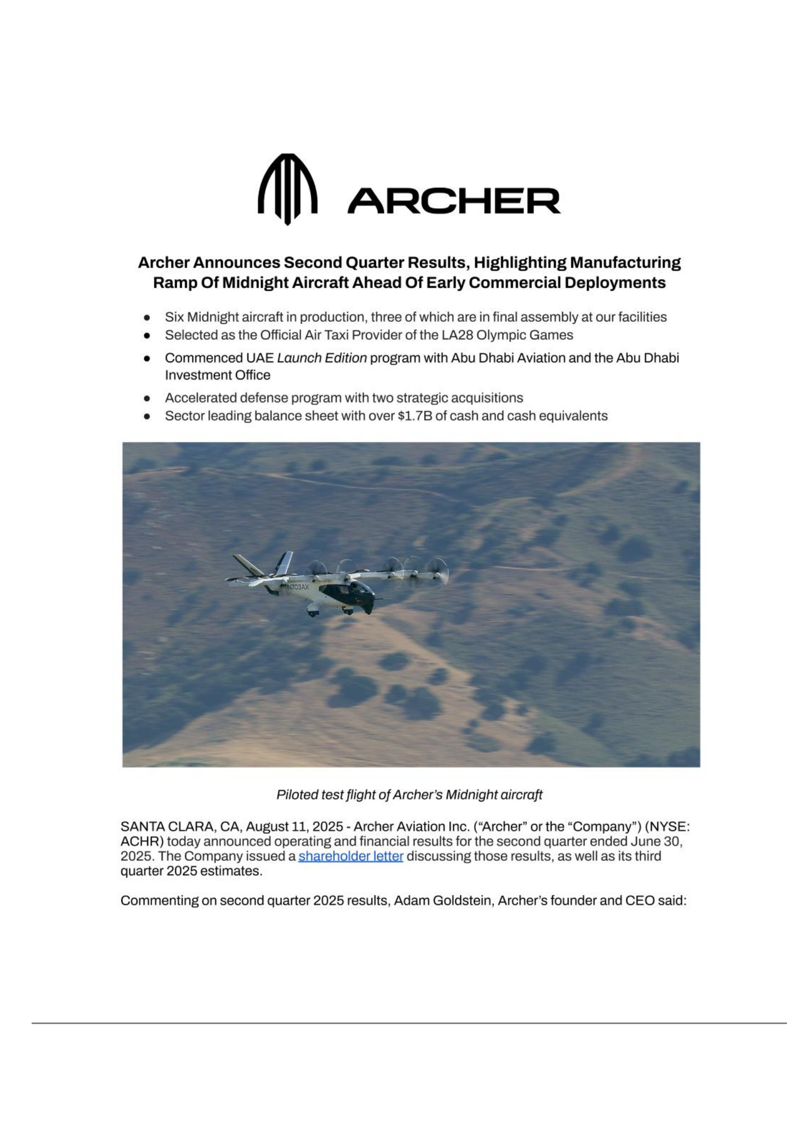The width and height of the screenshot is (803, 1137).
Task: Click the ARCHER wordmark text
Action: coord(453,201)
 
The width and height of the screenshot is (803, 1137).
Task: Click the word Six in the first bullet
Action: coord(174,317)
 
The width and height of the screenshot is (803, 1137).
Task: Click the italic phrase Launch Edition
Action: coord(322,358)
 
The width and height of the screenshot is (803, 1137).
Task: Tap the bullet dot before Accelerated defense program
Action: coord(147,398)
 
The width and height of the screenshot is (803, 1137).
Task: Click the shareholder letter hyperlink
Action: coord(351,856)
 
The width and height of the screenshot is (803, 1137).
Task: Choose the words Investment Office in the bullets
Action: coord(217,375)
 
